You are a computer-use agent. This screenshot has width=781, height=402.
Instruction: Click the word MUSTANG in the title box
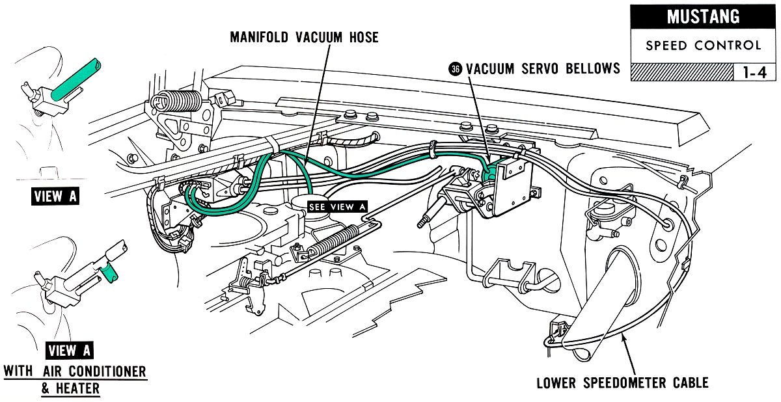click(x=703, y=17)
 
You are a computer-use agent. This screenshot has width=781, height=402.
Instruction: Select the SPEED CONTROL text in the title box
click(x=703, y=46)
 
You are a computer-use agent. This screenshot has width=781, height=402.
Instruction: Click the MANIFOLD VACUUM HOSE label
click(x=304, y=37)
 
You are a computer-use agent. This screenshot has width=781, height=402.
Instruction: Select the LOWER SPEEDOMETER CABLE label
click(x=622, y=382)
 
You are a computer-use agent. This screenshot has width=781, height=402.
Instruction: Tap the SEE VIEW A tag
click(x=338, y=207)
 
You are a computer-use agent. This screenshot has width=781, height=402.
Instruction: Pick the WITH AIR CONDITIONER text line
click(x=75, y=372)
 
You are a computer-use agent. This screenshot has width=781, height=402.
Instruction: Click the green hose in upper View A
click(x=76, y=77)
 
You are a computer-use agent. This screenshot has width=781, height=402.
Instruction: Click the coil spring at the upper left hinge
click(x=176, y=101)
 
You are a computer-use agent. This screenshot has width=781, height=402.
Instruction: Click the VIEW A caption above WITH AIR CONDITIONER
click(x=69, y=351)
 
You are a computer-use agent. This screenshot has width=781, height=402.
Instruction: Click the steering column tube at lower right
click(x=605, y=306)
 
